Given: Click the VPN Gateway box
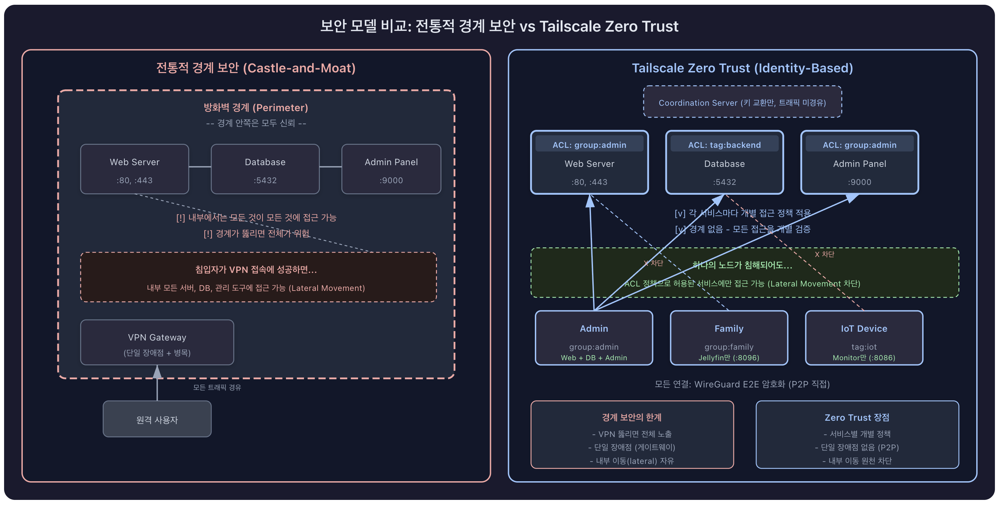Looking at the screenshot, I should tap(157, 342).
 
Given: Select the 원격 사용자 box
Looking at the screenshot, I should tap(157, 419).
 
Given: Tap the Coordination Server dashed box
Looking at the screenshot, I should tap(742, 102).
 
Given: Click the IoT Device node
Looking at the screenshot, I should tap(864, 337).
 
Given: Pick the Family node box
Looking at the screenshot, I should tap(729, 337).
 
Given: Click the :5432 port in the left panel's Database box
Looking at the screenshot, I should tap(265, 180).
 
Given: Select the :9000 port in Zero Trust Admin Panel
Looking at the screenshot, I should tap(859, 182).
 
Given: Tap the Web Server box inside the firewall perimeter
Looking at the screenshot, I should tap(135, 169).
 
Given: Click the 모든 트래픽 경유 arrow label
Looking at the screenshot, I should tap(217, 387).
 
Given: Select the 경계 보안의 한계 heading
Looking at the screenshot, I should tap(631, 417).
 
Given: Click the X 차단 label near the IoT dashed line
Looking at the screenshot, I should tap(824, 254).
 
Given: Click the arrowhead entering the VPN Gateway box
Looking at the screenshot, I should tap(157, 372).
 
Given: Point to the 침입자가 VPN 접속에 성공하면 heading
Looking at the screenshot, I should tap(256, 269).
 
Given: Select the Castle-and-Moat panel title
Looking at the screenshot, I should tap(256, 68).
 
